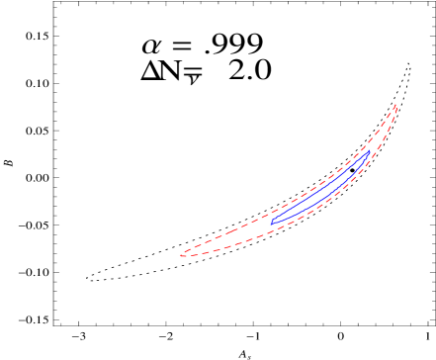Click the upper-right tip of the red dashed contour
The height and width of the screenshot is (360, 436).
click(396, 104)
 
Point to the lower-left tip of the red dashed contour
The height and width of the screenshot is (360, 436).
click(181, 255)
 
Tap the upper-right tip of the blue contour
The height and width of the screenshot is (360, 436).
click(370, 151)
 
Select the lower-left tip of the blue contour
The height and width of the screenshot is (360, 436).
click(272, 222)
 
